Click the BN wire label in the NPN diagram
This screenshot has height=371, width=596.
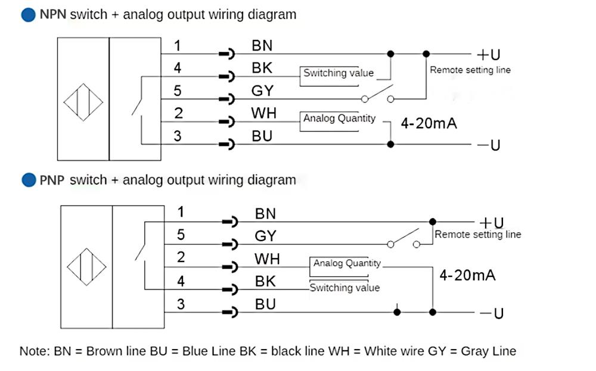coord(262,45)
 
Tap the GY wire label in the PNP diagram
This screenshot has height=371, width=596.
coord(265,236)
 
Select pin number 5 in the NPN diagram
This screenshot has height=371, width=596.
coord(178,91)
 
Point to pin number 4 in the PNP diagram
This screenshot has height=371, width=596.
coord(181,280)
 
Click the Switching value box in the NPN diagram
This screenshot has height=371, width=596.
coord(338,73)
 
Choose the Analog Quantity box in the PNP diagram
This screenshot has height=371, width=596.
coord(346,263)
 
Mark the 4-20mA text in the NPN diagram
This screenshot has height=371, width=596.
coord(429,124)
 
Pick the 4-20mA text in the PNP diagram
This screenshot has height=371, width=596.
coord(467,275)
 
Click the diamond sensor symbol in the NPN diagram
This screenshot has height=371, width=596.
coord(83,102)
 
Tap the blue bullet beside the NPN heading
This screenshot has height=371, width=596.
coord(28,15)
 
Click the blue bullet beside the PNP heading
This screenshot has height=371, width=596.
coord(28,180)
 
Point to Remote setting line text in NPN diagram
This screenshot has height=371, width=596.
coord(470,70)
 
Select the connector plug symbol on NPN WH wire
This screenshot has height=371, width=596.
coord(227,122)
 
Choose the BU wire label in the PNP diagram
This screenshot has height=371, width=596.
coord(265,304)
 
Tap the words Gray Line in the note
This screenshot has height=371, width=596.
coord(488,351)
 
